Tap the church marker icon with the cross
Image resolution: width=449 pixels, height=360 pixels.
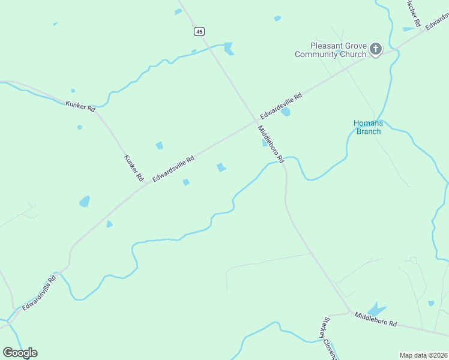(376, 49)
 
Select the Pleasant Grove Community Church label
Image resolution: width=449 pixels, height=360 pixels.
(330, 50)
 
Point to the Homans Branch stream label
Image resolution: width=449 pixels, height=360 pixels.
(368, 127)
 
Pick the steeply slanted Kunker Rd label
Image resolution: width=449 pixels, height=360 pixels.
(134, 168)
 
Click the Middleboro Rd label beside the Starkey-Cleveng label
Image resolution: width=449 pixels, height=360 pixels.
(375, 319)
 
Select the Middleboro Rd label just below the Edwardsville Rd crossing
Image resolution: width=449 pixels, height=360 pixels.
(270, 142)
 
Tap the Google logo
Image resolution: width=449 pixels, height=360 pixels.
(20, 353)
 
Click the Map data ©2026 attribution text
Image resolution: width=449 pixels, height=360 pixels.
(423, 355)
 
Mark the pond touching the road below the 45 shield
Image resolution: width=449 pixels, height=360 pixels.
(228, 48)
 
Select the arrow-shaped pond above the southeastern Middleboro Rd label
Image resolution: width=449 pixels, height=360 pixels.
(376, 309)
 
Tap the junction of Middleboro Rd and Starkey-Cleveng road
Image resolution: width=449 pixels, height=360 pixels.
(349, 311)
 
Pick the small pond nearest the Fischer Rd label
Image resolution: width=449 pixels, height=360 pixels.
(409, 28)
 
